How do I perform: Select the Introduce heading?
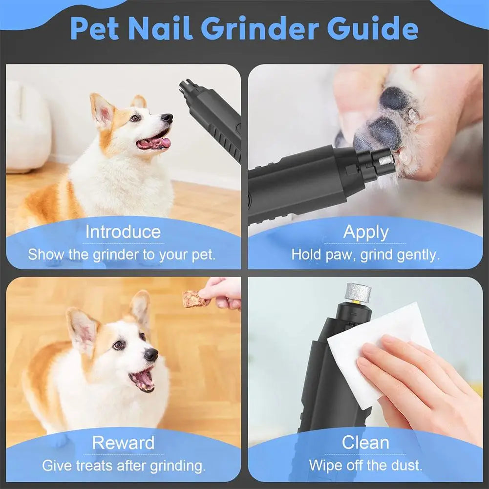click(x=123, y=232)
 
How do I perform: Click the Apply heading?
click(x=365, y=232)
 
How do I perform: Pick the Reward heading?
click(x=123, y=443)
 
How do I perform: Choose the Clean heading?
click(x=365, y=443)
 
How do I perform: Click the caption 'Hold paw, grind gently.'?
click(x=365, y=255)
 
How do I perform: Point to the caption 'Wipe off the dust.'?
click(x=365, y=465)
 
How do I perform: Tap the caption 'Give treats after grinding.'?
click(x=124, y=465)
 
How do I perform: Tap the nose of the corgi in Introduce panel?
click(x=167, y=118)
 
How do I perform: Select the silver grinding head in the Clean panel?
click(x=358, y=292)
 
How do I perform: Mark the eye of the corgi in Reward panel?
click(x=119, y=345)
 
